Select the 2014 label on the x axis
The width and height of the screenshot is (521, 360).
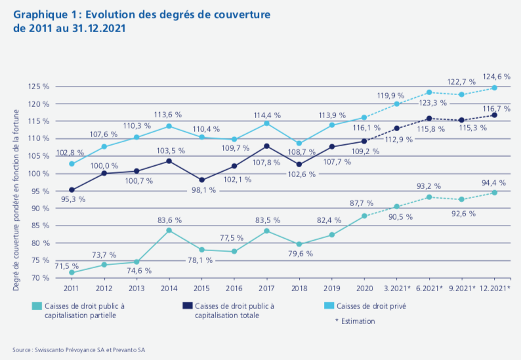(x=169, y=287)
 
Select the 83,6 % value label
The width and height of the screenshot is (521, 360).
(x=169, y=220)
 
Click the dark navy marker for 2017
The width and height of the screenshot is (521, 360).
(x=266, y=146)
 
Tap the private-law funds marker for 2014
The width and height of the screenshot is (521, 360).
(x=169, y=126)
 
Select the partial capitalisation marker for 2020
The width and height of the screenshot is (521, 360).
(x=364, y=216)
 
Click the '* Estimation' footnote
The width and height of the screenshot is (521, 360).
(x=355, y=321)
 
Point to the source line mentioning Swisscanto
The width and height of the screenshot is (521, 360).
(x=79, y=350)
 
